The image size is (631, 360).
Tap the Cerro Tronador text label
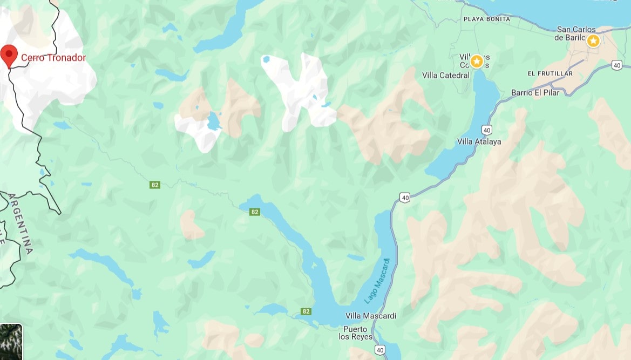53,58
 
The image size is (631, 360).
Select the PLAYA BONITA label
486,19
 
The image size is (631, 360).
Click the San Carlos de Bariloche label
576,33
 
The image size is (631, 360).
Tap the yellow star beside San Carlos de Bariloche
593,41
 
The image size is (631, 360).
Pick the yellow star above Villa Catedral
477,62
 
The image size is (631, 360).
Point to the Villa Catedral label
446,76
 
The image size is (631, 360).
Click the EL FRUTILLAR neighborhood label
550,73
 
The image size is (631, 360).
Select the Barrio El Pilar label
535,93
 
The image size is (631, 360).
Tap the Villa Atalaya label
479,142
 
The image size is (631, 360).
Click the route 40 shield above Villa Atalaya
487,130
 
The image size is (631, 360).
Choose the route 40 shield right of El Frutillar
617,65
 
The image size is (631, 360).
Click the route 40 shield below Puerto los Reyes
379,350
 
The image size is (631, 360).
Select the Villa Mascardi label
370,316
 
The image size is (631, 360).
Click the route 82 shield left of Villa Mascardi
306,311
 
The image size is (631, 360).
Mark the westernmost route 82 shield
155,185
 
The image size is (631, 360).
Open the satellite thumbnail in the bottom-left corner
11,342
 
